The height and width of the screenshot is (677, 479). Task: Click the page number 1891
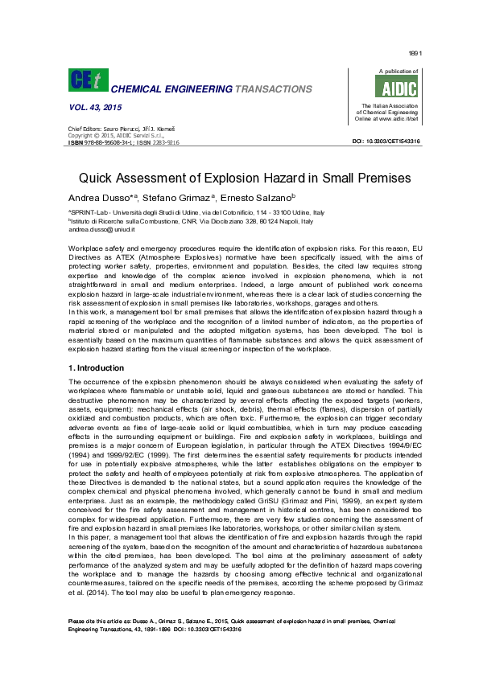pos(415,53)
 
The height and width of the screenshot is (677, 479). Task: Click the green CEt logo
pos(85,80)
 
